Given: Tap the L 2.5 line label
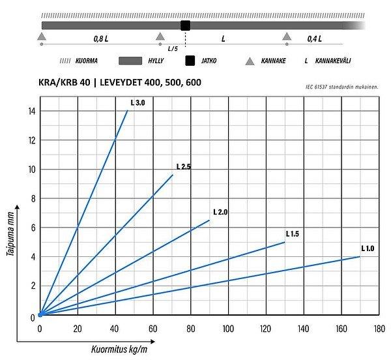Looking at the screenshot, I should click(183, 167).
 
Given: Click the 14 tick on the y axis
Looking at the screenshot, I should click(31, 111).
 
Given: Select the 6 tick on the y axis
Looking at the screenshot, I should click(33, 227).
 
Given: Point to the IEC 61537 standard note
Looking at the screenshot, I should click(343, 86).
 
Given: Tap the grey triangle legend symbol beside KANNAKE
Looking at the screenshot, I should click(250, 62).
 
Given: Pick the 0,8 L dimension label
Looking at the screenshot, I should click(100, 39).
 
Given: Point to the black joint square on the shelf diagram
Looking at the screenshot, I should click(185, 25).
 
